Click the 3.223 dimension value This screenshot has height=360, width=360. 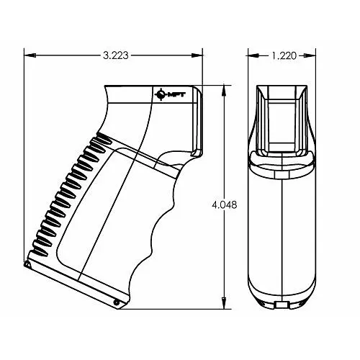tap(116, 55)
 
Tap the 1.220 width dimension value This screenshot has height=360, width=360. tap(284, 55)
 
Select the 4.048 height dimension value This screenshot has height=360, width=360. tap(225, 204)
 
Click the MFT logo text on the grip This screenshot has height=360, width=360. tap(176, 95)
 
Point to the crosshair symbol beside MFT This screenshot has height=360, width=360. tap(161, 94)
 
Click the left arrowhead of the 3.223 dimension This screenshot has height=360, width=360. tap(30, 55)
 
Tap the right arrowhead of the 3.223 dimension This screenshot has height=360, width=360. tap(197, 55)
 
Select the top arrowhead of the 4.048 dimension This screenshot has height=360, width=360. tap(224, 91)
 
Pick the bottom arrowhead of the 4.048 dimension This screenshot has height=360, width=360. tap(224, 303)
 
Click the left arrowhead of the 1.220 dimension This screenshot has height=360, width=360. tap(254, 55)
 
